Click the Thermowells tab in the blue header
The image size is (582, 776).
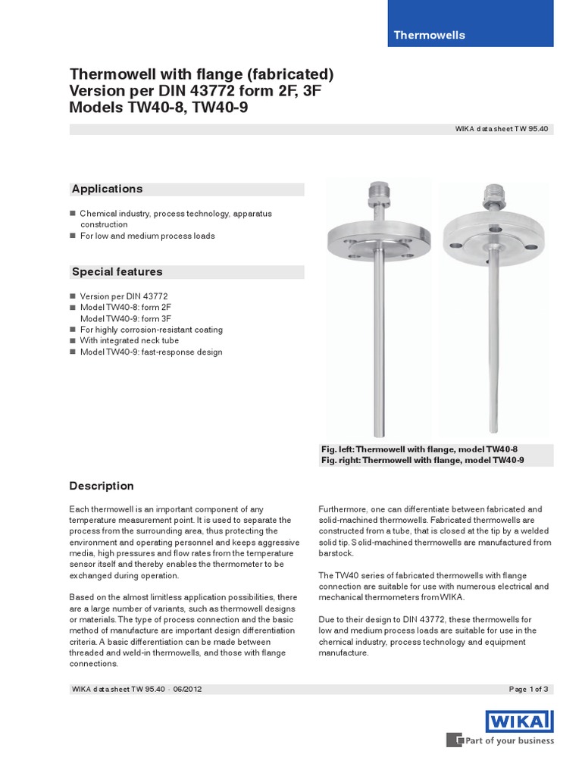tap(429, 35)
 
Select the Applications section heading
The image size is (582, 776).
tap(107, 189)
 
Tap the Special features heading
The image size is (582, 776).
tap(117, 271)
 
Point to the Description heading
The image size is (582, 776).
tap(102, 486)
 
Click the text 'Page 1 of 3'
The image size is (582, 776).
tap(528, 689)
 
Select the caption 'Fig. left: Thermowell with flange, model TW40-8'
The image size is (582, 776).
tap(419, 449)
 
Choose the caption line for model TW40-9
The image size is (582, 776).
tap(422, 460)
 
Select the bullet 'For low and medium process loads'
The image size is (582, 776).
tap(147, 236)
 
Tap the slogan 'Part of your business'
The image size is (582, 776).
tap(509, 740)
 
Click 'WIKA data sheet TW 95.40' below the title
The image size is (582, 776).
tap(501, 129)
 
